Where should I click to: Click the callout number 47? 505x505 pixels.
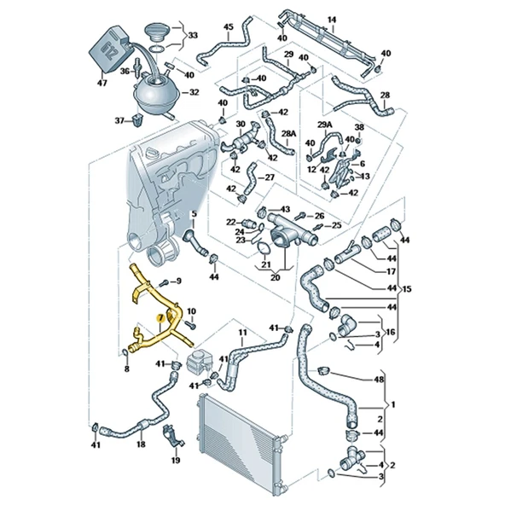click(102, 83)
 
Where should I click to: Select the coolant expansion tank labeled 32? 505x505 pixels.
click(156, 92)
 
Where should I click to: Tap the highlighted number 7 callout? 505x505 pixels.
click(160, 318)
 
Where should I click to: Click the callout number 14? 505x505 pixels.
click(332, 20)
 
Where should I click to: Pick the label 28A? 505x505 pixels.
click(288, 133)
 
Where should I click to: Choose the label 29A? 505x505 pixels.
click(325, 125)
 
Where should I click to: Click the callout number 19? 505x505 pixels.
click(176, 461)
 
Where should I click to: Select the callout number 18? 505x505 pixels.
click(141, 444)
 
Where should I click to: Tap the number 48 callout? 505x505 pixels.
click(379, 380)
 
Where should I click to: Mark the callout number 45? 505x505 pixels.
click(228, 27)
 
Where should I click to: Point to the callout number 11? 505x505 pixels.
click(242, 332)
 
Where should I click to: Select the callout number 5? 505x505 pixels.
click(194, 213)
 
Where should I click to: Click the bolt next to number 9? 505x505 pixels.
click(164, 282)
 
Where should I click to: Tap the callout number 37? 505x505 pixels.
click(119, 121)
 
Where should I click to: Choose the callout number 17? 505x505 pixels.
click(391, 271)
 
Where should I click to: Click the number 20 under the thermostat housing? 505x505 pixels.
click(275, 277)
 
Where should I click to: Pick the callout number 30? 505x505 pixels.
click(241, 124)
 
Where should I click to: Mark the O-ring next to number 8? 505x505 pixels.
click(126, 353)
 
